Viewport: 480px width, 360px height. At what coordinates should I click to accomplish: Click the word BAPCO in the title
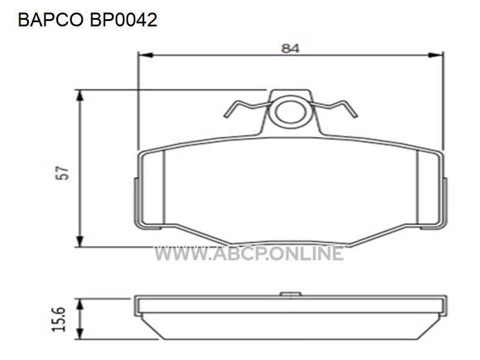51,20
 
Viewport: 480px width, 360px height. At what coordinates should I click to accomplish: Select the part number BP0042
124,20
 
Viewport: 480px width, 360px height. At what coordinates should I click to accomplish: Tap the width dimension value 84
290,49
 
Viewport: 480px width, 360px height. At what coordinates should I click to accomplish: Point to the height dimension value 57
62,173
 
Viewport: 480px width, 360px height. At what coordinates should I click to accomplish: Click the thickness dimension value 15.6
59,319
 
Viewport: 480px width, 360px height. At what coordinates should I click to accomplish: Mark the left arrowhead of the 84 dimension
145,55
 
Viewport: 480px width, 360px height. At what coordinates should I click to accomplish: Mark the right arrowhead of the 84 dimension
436,55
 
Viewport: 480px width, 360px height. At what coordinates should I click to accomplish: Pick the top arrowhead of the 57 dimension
80,95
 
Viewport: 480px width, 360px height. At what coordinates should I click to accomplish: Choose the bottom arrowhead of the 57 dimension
80,242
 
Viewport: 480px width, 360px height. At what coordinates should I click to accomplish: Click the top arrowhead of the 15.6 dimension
80,304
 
